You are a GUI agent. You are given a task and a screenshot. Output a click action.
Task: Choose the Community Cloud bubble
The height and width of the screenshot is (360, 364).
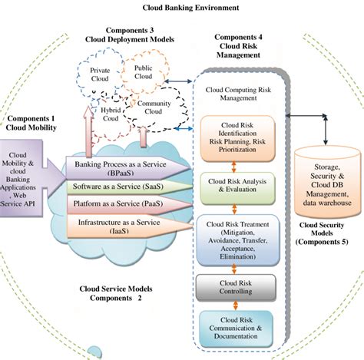click(154, 107)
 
